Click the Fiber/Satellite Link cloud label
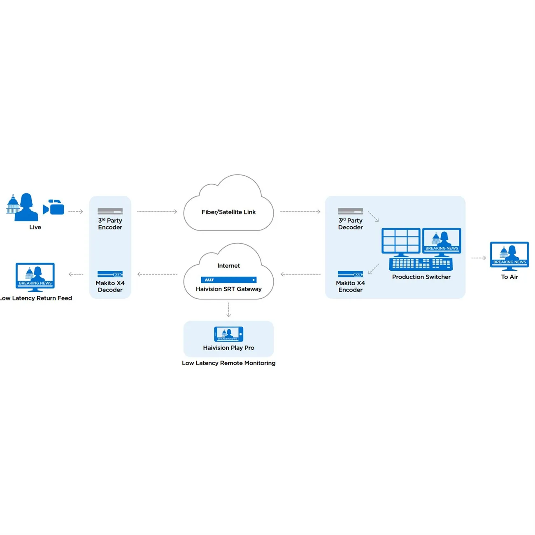click(228, 212)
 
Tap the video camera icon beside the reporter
click(54, 207)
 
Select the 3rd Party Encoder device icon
click(110, 211)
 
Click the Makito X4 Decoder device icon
click(110, 274)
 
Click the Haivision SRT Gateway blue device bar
click(228, 280)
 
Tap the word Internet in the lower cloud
click(228, 266)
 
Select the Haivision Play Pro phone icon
click(228, 334)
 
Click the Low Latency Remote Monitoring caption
click(228, 363)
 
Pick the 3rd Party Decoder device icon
click(350, 211)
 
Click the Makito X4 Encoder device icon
click(350, 274)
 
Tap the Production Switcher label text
click(421, 277)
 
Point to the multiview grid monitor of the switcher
click(401, 241)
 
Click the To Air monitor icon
click(509, 255)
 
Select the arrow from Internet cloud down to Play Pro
click(228, 309)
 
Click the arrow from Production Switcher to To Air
click(478, 258)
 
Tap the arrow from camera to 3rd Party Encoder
click(76, 212)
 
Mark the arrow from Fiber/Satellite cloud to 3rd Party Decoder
click(300, 212)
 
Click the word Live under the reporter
click(35, 227)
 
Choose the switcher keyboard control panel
click(421, 263)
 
